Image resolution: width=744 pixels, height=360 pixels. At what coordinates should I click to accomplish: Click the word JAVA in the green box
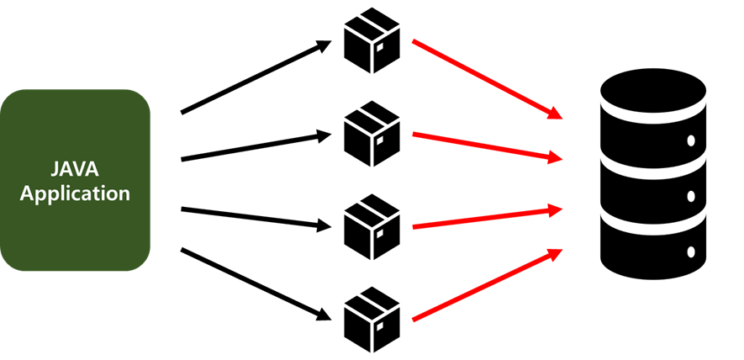click(75, 168)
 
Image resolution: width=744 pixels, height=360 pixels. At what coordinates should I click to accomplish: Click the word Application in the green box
click(75, 193)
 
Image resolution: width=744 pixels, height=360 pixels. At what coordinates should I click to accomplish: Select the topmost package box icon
click(371, 40)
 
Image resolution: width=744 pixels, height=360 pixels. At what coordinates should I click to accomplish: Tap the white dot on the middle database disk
click(690, 195)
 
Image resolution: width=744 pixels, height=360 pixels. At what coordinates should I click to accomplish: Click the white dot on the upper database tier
click(690, 140)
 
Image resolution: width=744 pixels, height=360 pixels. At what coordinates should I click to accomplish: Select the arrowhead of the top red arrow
click(555, 113)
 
